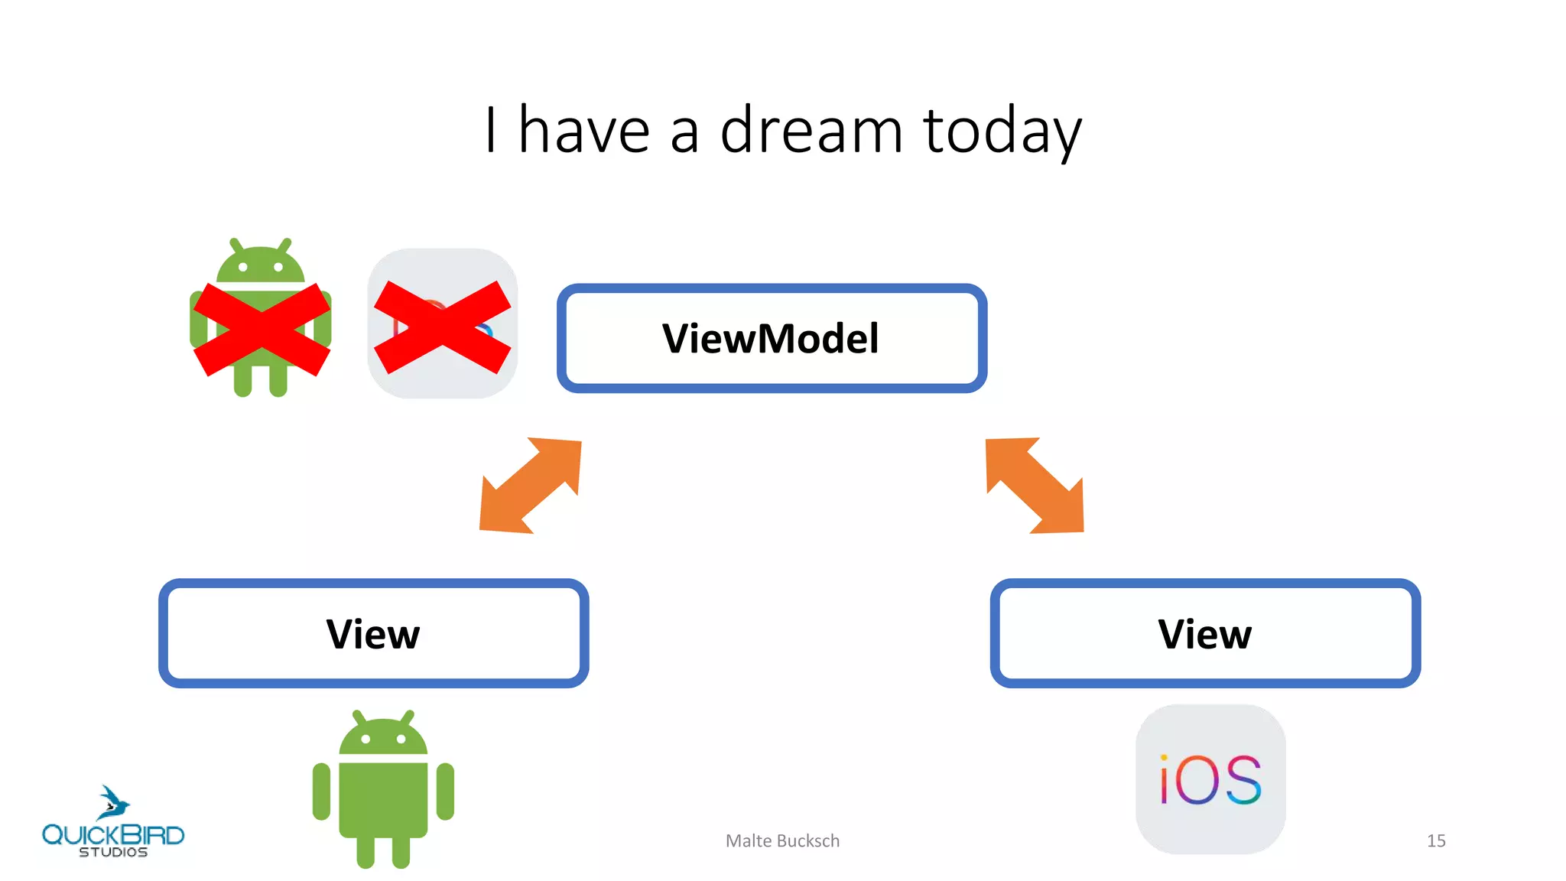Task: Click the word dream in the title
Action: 811,130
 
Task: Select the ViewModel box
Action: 772,338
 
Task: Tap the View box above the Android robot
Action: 373,633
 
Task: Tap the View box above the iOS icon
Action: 1205,633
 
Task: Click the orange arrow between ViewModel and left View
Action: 530,486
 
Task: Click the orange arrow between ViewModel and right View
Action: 1035,486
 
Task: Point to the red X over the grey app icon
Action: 442,327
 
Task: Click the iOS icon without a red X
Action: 1210,779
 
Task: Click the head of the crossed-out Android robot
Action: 261,264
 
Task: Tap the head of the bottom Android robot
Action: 383,736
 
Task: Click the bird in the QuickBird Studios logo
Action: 113,803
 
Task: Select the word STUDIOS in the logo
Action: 113,852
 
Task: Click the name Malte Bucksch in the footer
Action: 782,840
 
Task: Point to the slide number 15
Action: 1436,840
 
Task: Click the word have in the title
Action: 583,130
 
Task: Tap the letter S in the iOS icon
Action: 1241,780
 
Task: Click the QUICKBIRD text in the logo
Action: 113,834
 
